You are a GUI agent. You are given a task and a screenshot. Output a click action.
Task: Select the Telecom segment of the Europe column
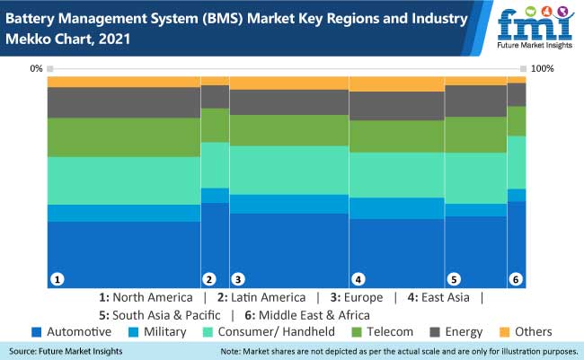click(289, 130)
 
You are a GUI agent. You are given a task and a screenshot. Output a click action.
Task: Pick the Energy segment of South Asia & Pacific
click(476, 101)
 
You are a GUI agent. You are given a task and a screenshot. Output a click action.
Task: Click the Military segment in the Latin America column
click(215, 195)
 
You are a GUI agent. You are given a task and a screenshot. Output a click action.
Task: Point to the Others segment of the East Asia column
click(396, 83)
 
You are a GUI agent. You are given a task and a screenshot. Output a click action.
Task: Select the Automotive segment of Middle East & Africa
click(517, 242)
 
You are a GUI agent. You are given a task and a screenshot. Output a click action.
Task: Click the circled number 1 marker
click(57, 279)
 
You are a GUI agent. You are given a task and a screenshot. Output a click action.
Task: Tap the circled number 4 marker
click(358, 279)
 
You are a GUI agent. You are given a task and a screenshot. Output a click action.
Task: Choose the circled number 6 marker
click(516, 279)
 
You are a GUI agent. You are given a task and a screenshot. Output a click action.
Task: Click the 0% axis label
click(37, 69)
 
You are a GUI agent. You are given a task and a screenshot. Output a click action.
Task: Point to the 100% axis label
click(542, 69)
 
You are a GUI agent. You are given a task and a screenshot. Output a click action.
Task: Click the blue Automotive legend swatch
click(36, 332)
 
